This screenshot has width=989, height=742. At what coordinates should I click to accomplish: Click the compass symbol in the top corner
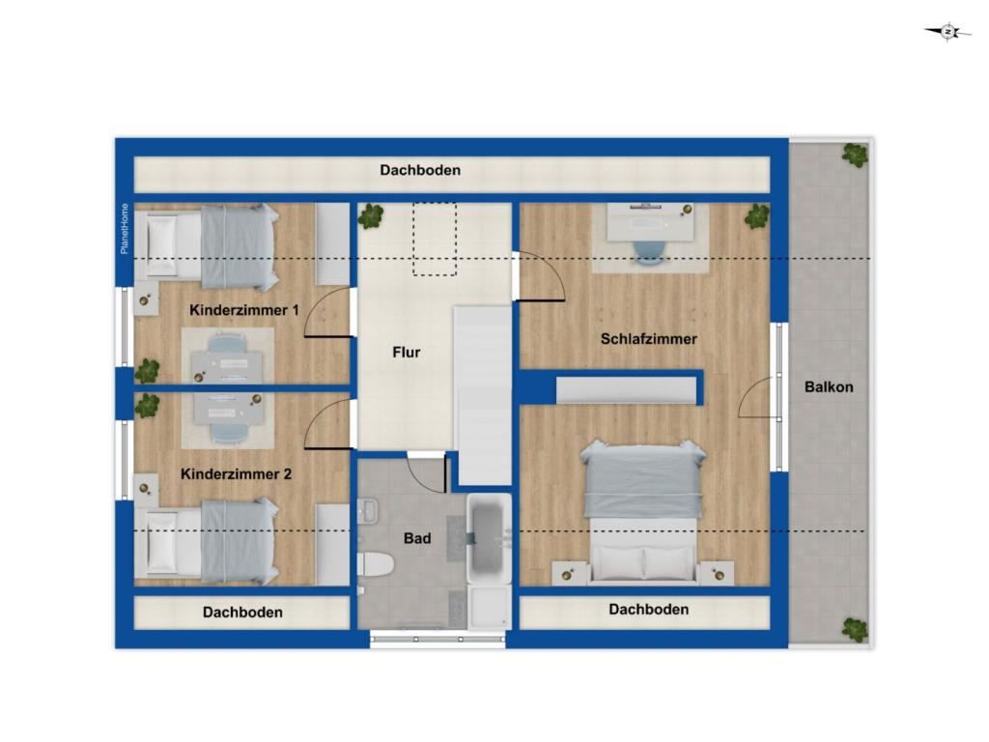click(948, 32)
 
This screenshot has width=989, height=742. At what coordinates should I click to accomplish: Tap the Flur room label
click(407, 353)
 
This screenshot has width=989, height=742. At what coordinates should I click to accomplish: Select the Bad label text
click(417, 538)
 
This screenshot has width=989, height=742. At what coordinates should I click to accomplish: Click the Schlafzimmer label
click(648, 339)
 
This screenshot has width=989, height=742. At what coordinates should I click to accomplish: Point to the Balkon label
click(829, 386)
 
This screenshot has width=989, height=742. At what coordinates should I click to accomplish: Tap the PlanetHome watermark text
click(124, 229)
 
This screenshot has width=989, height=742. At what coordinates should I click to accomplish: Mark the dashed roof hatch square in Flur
click(434, 239)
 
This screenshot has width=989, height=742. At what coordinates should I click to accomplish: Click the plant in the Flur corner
click(371, 216)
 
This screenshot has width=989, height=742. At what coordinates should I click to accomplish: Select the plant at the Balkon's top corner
click(854, 155)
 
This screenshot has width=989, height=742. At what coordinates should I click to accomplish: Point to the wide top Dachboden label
click(420, 170)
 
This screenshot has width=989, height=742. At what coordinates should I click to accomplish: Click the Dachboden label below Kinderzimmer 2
click(242, 612)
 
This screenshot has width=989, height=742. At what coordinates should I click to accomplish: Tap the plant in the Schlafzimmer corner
click(756, 216)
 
